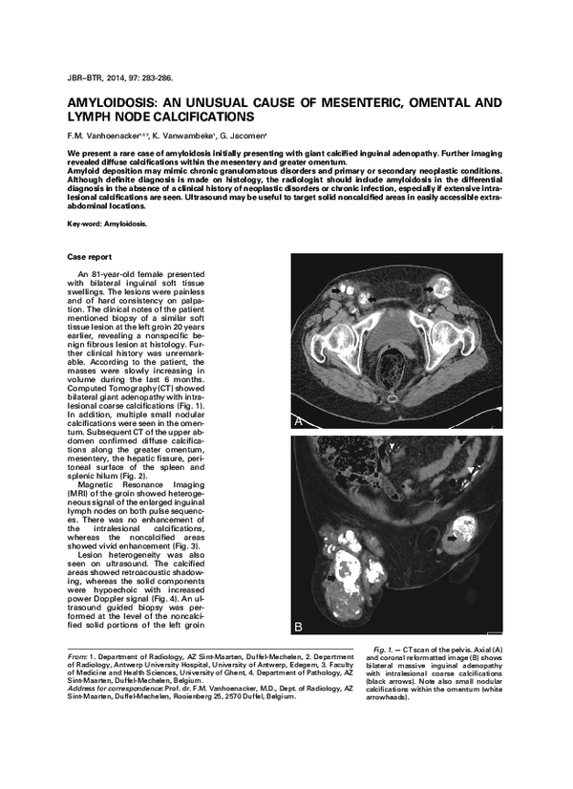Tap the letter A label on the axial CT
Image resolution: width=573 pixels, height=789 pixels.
[x=299, y=419]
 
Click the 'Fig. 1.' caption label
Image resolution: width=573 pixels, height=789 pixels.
[x=387, y=650]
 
